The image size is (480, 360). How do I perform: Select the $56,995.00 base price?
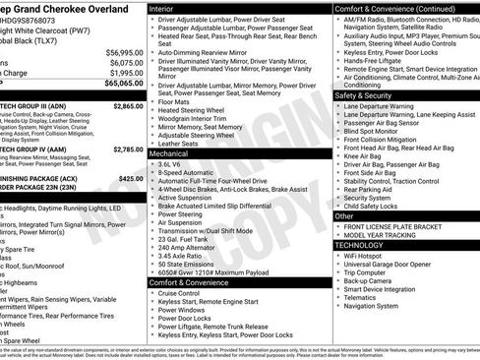[124, 52]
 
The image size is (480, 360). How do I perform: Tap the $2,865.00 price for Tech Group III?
[128, 105]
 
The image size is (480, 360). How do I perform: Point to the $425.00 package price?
[130, 179]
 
